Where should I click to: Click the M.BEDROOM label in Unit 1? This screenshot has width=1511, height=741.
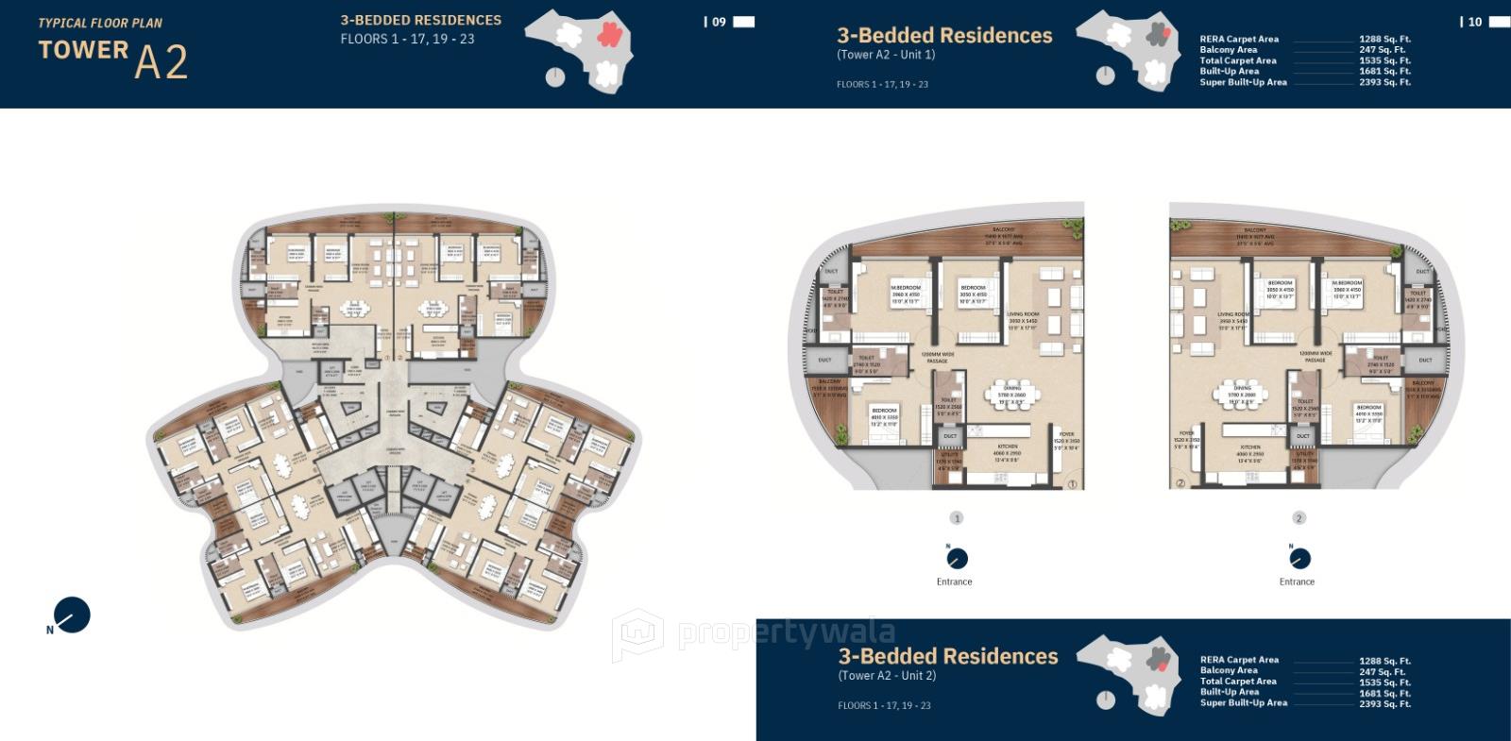pos(905,288)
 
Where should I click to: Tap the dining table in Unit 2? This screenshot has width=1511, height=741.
pos(1242,394)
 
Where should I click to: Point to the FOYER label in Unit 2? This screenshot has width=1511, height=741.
pos(1186,434)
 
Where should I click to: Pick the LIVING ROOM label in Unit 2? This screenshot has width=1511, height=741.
pos(1233,314)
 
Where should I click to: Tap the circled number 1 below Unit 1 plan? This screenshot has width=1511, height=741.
pos(957,518)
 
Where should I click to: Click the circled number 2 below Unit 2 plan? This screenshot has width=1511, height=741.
pos(1299,518)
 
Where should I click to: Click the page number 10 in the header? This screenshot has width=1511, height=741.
pos(1475,22)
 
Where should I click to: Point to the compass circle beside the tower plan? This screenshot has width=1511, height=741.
pos(73,615)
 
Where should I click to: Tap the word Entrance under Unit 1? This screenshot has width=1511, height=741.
pos(954,581)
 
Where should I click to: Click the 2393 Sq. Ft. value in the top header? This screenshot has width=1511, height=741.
pos(1384,82)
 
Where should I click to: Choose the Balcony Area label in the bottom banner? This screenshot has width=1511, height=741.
pos(1229,670)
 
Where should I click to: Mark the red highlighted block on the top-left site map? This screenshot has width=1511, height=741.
pos(609,36)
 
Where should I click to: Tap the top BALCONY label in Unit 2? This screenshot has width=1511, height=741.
pos(1254,230)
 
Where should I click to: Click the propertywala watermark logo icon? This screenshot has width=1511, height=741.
pos(637,634)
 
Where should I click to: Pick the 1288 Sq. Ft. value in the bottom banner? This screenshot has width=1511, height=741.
pos(1384,661)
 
